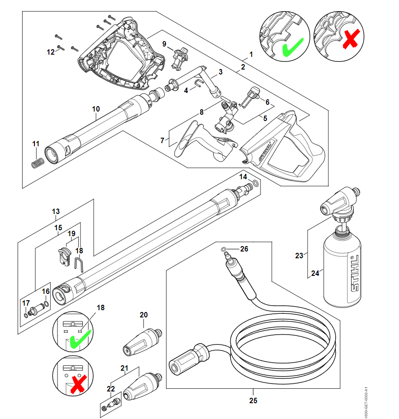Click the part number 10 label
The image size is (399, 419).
click(95, 109)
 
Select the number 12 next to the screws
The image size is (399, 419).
click(51, 52)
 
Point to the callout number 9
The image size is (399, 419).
click(165, 43)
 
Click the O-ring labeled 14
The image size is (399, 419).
click(256, 183)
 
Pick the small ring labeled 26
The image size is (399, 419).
click(224, 249)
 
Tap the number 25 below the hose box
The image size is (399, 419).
click(253, 400)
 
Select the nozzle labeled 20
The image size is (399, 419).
click(142, 341)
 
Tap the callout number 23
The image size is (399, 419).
click(299, 256)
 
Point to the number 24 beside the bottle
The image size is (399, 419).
click(315, 273)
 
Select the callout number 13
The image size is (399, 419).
click(56, 211)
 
